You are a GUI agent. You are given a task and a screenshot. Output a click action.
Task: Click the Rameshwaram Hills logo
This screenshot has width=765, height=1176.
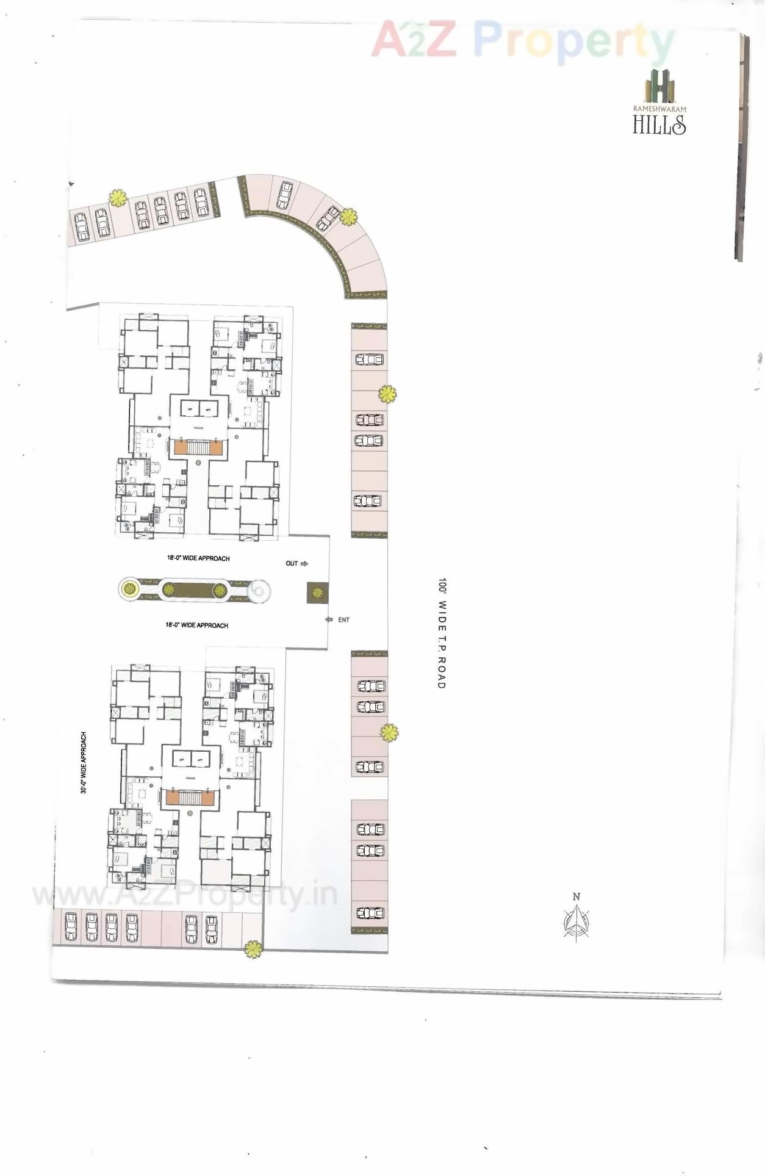tap(659, 102)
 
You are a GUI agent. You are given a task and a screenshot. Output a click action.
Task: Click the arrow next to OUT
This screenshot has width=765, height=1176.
tap(304, 564)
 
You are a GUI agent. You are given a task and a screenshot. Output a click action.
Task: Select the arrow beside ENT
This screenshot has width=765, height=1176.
tap(329, 620)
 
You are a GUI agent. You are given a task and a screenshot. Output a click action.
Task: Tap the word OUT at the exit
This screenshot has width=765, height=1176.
tap(292, 563)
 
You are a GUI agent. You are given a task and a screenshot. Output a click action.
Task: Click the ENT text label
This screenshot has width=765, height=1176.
tap(344, 620)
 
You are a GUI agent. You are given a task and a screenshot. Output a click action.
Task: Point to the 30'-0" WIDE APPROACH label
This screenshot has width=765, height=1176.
tap(84, 763)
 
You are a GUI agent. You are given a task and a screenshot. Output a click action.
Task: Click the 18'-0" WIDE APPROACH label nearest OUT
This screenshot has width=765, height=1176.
tap(198, 558)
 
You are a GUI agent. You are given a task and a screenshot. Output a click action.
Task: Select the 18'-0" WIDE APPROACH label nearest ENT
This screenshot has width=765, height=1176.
tap(196, 626)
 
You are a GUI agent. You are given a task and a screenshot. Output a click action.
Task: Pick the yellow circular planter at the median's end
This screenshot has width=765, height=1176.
tap(129, 590)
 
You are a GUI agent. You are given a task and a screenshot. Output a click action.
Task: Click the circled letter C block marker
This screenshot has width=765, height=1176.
tap(198, 463)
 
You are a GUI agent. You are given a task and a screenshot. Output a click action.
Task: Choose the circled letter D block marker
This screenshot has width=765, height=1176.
tap(190, 813)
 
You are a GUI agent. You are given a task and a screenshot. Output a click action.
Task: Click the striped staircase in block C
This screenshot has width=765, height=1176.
tap(198, 447)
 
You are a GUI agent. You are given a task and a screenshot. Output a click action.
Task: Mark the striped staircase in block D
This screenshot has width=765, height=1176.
tap(190, 797)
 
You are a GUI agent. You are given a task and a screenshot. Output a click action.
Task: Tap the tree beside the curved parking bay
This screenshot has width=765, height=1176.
tap(348, 217)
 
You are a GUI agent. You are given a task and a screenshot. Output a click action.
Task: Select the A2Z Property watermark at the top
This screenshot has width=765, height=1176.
tap(522, 40)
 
